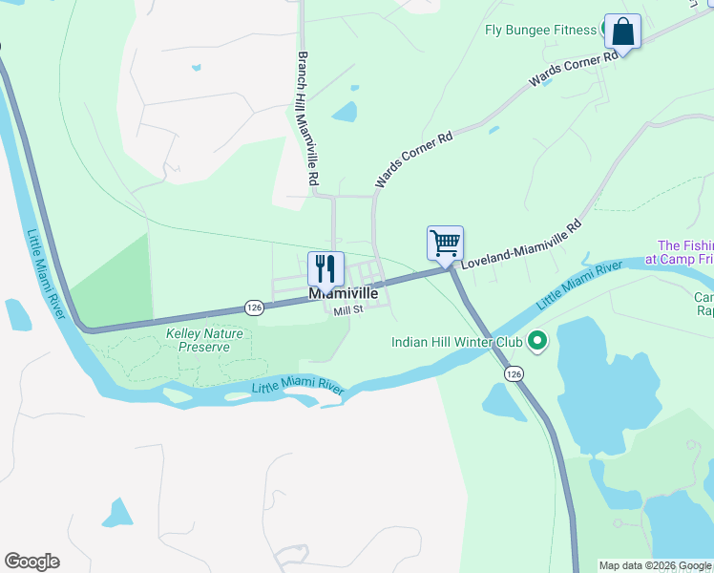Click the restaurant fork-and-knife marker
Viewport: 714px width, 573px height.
click(x=325, y=269)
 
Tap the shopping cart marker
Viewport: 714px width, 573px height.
click(x=445, y=243)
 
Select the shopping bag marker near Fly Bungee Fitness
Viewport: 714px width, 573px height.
click(x=622, y=32)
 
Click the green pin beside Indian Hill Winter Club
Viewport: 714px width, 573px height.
click(x=537, y=340)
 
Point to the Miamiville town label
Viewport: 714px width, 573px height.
click(x=344, y=294)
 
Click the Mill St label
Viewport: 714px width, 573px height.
click(x=348, y=309)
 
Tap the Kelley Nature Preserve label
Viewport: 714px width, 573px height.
click(x=204, y=341)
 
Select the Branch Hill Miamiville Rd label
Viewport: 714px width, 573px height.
click(x=307, y=118)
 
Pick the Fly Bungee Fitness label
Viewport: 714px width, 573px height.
click(x=540, y=30)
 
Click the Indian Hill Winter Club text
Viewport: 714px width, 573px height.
click(x=457, y=341)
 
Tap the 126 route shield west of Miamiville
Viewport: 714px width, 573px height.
click(x=253, y=308)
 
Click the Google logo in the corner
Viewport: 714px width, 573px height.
click(x=31, y=562)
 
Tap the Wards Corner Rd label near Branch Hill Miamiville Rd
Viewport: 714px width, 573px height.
click(x=412, y=159)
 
